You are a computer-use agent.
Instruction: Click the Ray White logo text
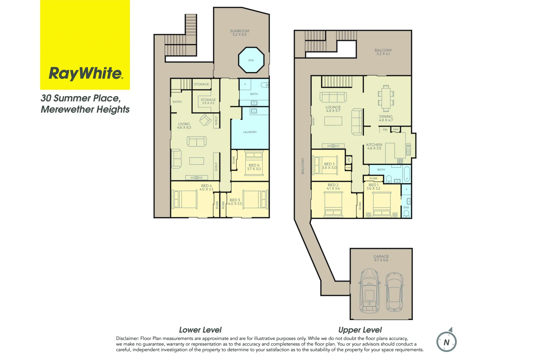(86, 74)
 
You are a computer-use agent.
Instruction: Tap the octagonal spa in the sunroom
(251, 60)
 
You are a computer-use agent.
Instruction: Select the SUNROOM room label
(239, 33)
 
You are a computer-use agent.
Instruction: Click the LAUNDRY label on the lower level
(250, 132)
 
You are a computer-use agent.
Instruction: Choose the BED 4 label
(206, 187)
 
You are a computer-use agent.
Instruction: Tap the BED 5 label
(235, 202)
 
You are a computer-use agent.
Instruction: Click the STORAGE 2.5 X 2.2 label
(208, 101)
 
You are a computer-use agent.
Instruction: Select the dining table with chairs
(386, 98)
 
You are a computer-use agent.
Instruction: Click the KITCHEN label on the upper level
(374, 146)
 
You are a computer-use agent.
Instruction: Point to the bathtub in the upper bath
(406, 174)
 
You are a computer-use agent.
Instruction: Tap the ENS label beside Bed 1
(406, 207)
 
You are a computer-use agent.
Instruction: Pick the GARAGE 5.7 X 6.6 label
(381, 258)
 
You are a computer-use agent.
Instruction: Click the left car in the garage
(369, 290)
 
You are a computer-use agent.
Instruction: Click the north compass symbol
(446, 342)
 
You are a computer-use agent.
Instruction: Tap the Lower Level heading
(200, 330)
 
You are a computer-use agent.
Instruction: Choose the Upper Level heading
(360, 330)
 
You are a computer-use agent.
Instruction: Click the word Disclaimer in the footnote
(127, 338)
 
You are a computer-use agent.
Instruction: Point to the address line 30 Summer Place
(80, 98)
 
